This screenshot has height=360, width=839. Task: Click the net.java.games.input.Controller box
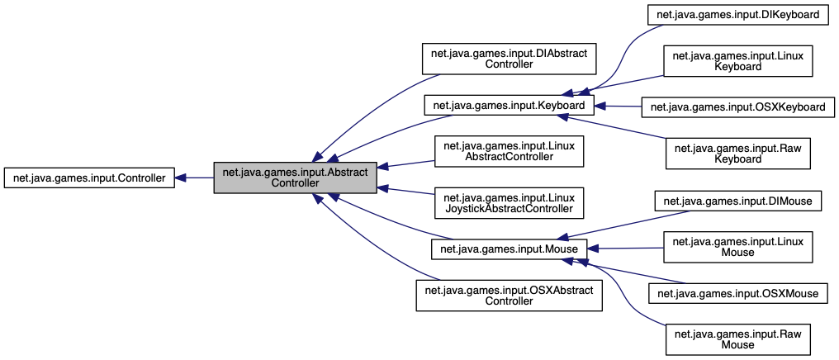pyautogui.click(x=89, y=178)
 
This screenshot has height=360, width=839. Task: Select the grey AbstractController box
pyautogui.click(x=296, y=178)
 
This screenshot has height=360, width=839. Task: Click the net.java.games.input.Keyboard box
pyautogui.click(x=509, y=106)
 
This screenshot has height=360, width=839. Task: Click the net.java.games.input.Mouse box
pyautogui.click(x=509, y=248)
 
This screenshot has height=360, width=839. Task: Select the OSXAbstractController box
pyautogui.click(x=509, y=295)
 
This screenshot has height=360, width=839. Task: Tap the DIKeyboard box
pyautogui.click(x=737, y=14)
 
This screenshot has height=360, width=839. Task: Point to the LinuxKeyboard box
pyautogui.click(x=737, y=60)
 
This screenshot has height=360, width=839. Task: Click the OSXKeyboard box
pyautogui.click(x=737, y=107)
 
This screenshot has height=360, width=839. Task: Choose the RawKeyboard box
pyautogui.click(x=737, y=153)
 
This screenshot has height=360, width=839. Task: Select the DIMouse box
pyautogui.click(x=737, y=201)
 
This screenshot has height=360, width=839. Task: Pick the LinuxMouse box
pyautogui.click(x=737, y=246)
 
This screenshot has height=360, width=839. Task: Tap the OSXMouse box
pyautogui.click(x=737, y=292)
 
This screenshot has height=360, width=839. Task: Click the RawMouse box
pyautogui.click(x=737, y=339)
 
